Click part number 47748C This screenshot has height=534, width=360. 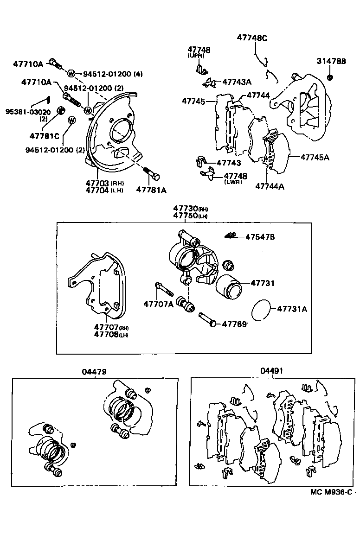tap(252, 38)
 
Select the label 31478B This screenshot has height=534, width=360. tap(331, 61)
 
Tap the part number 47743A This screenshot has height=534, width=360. tap(237, 82)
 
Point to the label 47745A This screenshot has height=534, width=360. tap(315, 158)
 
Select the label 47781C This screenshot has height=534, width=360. tap(45, 136)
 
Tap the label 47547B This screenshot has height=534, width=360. tap(260, 237)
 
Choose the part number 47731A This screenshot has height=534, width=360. tap(292, 308)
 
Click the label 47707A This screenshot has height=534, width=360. tap(158, 304)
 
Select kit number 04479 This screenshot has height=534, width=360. tap(95, 371)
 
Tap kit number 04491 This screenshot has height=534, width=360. tap(271, 371)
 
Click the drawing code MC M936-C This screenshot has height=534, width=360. tap(331, 492)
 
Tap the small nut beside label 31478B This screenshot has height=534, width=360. tap(330, 76)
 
